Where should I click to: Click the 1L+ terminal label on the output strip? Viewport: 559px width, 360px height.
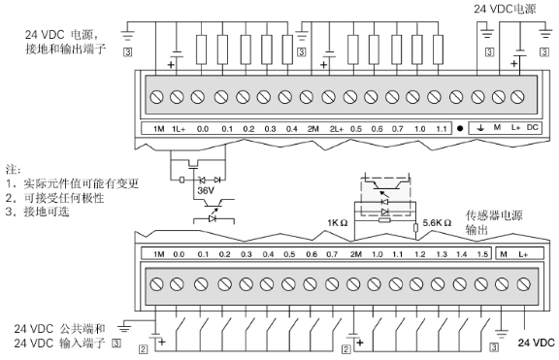(179, 129)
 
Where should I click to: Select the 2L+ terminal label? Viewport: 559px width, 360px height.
(336, 129)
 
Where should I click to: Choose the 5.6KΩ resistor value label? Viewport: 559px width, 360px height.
(439, 222)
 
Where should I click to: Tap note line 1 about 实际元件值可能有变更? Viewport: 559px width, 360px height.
(73, 183)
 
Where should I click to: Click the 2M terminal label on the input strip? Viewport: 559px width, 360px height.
(355, 254)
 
